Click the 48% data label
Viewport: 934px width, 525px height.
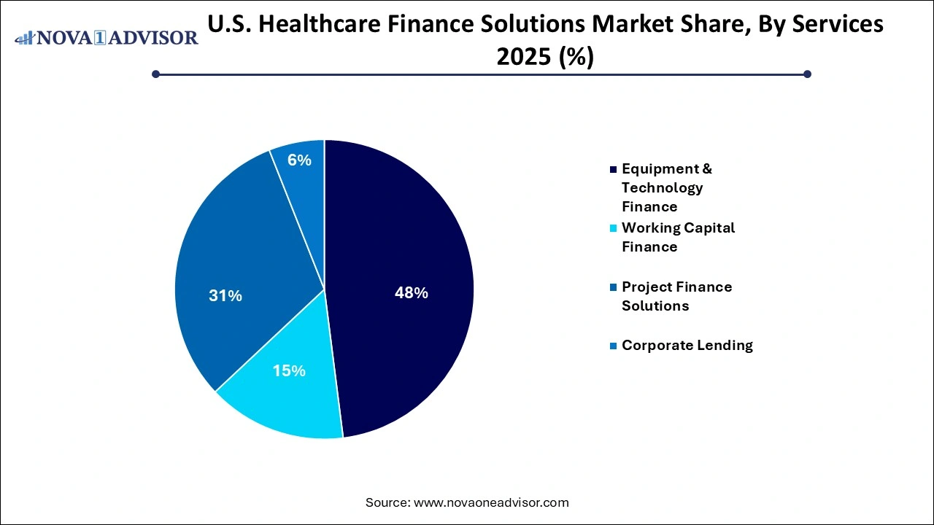411,293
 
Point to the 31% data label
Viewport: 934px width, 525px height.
225,295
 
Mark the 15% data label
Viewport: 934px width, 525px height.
289,370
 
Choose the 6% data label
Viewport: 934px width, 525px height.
299,160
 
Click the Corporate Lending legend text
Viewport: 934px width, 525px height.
687,345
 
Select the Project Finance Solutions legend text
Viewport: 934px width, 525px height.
676,296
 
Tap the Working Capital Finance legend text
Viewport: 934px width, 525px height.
678,237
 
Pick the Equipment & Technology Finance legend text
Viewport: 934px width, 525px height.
666,187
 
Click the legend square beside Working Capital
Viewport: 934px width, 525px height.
613,228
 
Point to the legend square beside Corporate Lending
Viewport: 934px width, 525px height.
613,346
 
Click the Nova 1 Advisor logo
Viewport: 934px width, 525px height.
107,37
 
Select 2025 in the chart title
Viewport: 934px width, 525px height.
523,56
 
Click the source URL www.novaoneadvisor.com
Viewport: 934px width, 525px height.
491,502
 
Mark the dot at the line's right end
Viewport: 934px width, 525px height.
807,74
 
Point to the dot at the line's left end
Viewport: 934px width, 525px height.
155,74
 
